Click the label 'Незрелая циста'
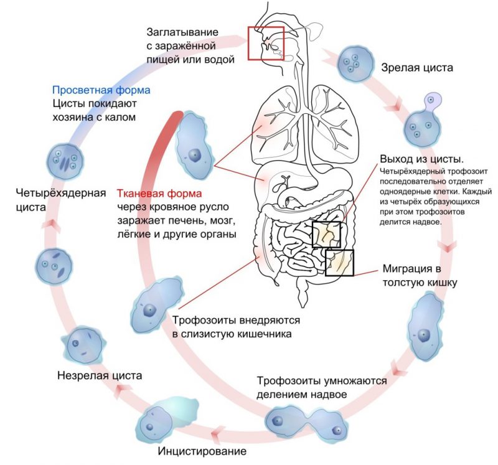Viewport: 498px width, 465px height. (x=100, y=375)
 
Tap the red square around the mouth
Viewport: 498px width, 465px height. (x=266, y=42)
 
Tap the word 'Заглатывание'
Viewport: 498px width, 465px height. (x=184, y=31)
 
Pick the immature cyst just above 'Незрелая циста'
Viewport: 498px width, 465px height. (x=80, y=344)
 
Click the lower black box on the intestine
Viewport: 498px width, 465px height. (x=339, y=262)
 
